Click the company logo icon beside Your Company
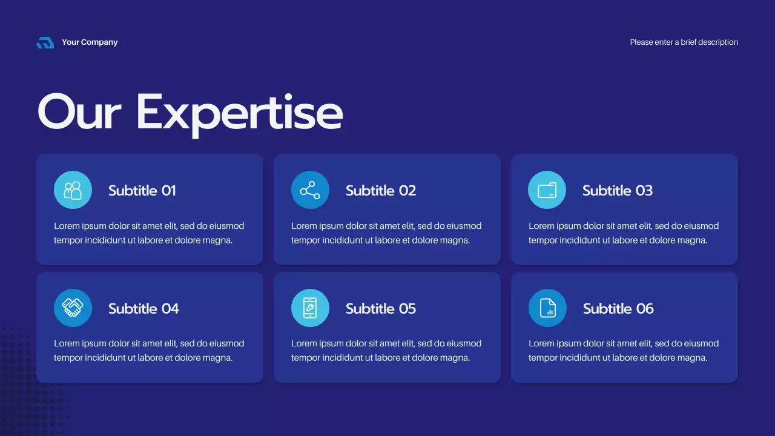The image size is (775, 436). pos(45,42)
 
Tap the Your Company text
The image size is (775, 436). pos(90,42)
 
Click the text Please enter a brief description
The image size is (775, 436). pos(684,42)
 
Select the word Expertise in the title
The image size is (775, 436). pos(239,113)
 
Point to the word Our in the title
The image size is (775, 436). pos(79,113)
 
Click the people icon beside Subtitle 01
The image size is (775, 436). pos(73,190)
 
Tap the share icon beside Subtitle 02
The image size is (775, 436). pos(310,190)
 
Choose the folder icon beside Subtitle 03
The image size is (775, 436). pos(547,190)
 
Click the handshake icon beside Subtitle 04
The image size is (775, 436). pos(73,308)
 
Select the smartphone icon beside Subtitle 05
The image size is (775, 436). pos(310,308)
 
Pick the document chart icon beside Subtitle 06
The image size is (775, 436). pos(547,308)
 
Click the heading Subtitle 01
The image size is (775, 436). pos(142,191)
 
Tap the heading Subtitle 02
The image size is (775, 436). pos(381,191)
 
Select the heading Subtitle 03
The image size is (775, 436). pos(618,191)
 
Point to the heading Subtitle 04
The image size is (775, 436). pos(144,309)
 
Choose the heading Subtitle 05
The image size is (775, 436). pos(381,309)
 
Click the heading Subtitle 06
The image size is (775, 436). pos(618,309)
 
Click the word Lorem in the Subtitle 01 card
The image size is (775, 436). pos(67,226)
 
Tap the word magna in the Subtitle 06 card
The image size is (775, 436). pos(693,358)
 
